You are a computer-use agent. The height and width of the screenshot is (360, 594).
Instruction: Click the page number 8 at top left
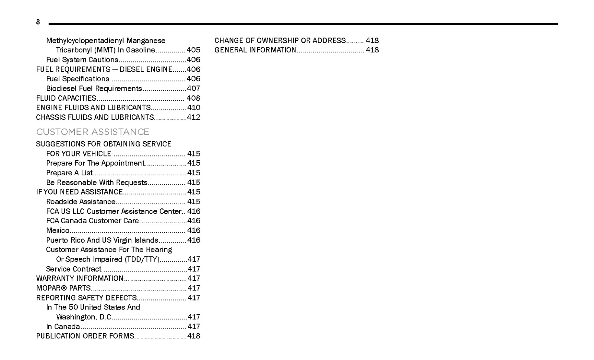38,22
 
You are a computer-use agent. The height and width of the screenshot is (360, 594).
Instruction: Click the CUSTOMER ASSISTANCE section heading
92,132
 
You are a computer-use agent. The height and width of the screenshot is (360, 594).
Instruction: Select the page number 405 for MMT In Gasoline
193,50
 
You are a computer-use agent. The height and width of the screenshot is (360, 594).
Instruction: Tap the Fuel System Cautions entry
82,60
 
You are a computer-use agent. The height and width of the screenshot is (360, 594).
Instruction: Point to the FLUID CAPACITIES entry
66,98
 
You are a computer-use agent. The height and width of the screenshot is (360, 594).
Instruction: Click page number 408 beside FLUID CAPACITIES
193,98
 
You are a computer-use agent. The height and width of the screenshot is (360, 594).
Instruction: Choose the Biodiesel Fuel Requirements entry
94,88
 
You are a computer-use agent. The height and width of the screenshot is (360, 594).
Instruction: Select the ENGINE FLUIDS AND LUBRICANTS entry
93,108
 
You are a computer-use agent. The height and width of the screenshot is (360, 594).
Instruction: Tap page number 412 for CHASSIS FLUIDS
193,117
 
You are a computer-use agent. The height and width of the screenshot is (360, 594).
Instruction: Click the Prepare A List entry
69,173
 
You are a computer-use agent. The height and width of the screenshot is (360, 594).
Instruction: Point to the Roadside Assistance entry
81,202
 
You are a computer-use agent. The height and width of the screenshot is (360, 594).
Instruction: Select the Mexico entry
58,230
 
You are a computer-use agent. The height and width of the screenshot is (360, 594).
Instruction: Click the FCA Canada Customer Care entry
92,221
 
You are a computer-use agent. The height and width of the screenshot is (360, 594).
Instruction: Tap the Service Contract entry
74,269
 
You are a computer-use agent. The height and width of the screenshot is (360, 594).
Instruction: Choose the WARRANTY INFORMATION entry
79,278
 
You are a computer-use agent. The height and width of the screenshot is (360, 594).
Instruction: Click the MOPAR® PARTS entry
63,288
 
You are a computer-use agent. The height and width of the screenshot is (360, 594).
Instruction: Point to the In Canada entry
63,327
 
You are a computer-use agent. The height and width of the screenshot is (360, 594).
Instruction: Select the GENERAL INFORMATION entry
255,50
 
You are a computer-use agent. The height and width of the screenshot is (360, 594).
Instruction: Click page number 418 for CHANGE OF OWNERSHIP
372,40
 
